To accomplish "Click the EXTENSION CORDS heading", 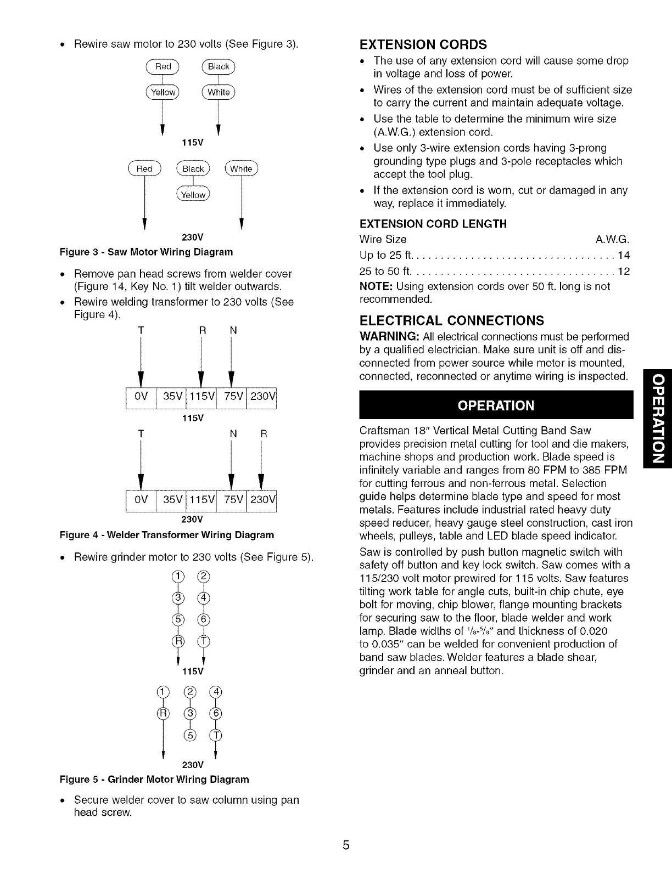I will (x=423, y=44).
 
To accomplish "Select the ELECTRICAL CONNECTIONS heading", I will (x=451, y=320).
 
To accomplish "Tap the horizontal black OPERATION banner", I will (x=496, y=405).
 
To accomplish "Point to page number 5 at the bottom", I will (x=346, y=845).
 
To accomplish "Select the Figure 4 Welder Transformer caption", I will (x=166, y=534).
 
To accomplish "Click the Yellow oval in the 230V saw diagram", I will (x=193, y=195).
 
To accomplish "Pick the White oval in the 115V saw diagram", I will (x=219, y=92).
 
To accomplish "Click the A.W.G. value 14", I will (x=624, y=255).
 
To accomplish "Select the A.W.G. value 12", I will (x=624, y=272).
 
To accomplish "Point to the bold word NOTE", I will (x=374, y=286).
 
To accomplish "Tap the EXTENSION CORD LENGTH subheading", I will (x=433, y=224).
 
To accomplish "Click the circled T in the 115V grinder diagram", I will (x=203, y=641).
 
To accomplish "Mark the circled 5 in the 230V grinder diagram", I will (x=188, y=736).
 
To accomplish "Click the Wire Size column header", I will (x=383, y=239).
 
